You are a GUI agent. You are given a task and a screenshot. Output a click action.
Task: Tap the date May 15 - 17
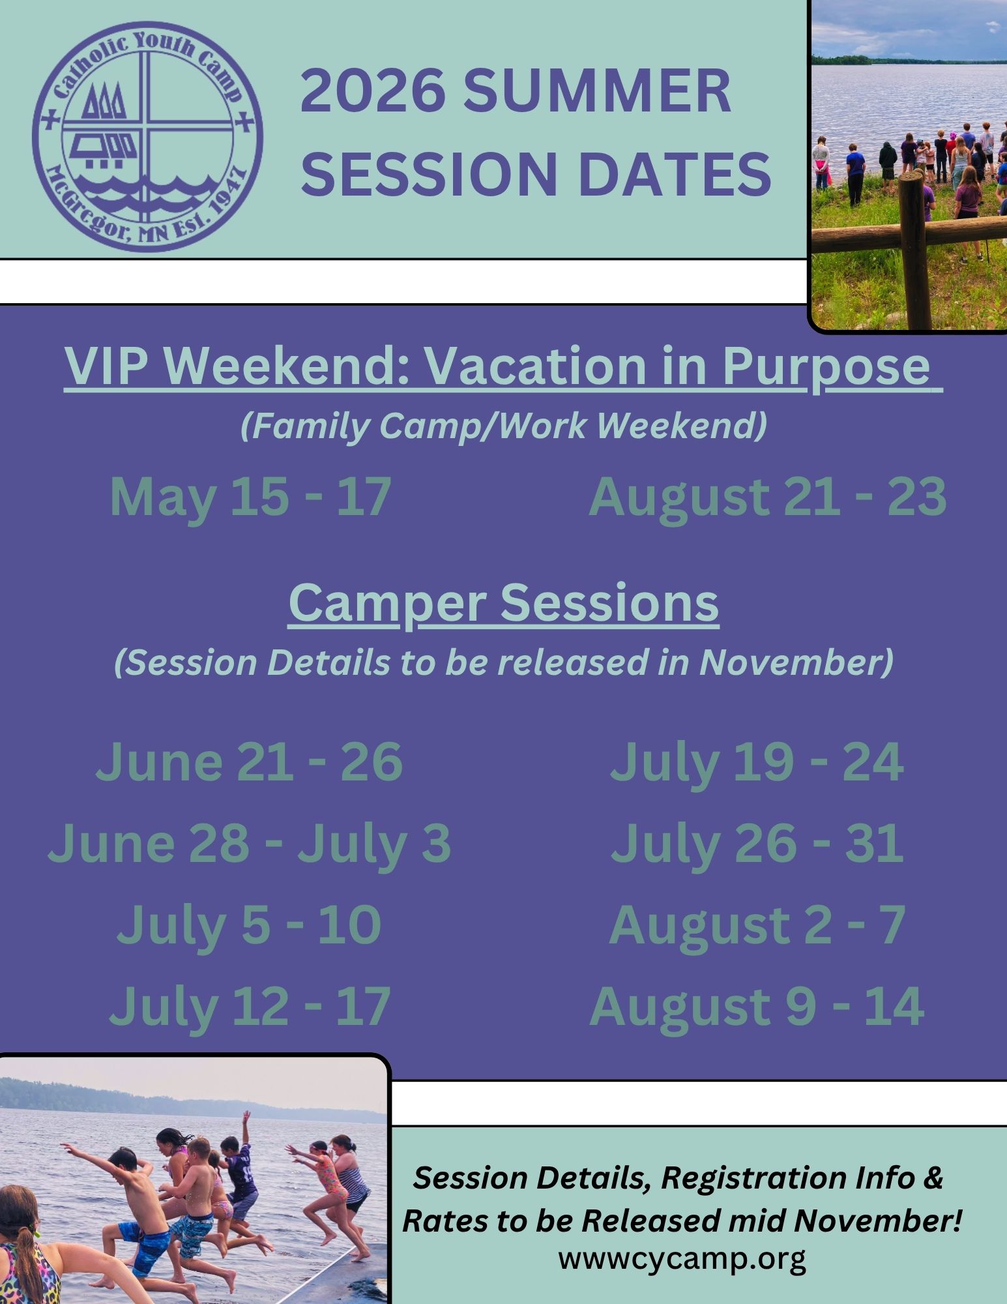click(250, 497)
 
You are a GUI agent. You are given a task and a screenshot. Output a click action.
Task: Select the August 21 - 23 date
click(767, 497)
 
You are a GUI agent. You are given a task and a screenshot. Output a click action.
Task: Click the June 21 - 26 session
click(249, 761)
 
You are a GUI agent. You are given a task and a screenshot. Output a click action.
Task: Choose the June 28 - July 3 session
click(249, 842)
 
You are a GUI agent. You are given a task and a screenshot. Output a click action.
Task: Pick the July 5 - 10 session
click(249, 924)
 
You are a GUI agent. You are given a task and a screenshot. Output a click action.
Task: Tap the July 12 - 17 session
click(249, 1006)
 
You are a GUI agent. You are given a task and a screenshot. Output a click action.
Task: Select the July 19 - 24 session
click(757, 761)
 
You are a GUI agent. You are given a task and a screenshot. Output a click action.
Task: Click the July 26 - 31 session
click(757, 842)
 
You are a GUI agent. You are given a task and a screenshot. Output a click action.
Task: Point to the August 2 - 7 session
click(757, 924)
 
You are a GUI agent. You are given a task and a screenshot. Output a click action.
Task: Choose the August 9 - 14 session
click(757, 1006)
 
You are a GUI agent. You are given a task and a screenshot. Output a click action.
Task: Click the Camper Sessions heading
click(504, 603)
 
